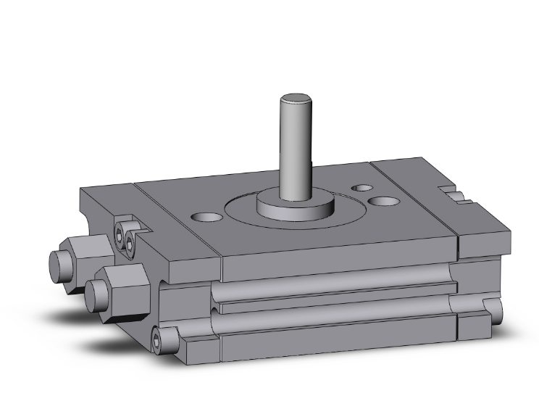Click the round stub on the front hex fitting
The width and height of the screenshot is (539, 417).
94,293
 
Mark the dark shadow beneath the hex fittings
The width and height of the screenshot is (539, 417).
80,319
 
